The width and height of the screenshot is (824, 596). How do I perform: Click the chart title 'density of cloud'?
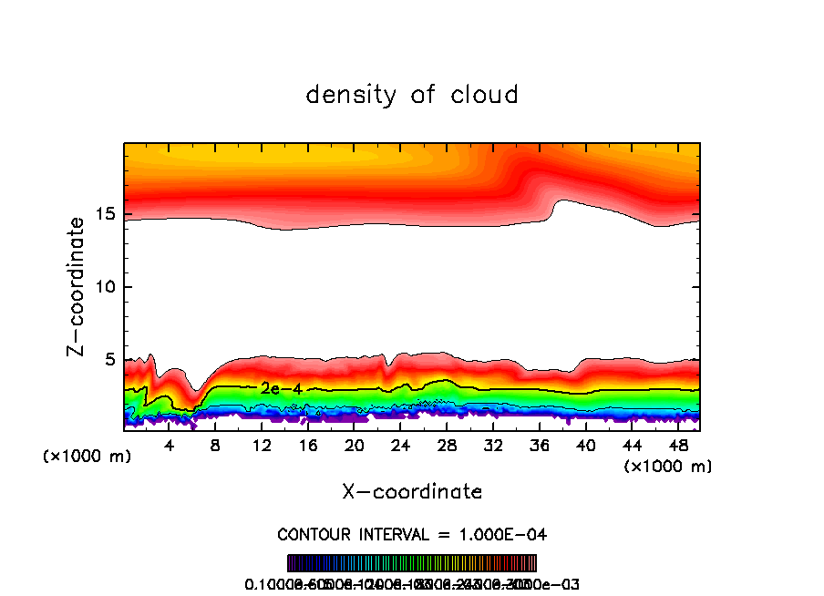point(412,95)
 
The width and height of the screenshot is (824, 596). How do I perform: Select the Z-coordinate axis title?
point(77,286)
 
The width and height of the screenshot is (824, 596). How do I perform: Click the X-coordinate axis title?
point(412,492)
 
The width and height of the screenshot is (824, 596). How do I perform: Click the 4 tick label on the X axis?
point(170,445)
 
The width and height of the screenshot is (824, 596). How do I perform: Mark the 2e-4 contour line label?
point(281,389)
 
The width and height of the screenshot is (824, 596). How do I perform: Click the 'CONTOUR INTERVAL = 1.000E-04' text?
point(412,534)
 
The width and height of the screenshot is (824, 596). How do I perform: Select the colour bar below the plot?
point(412,563)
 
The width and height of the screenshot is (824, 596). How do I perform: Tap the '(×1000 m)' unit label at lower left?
point(88,457)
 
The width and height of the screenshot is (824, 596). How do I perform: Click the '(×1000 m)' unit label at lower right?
point(668,467)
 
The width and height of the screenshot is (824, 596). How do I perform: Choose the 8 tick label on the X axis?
point(215,445)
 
